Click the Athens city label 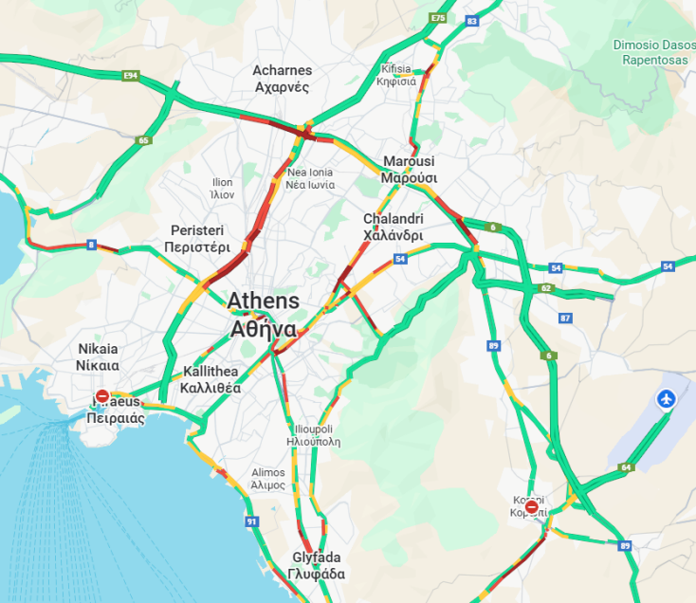pos(263,315)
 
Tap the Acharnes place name pos(282,79)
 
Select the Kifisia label pos(396,75)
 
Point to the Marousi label pos(409,169)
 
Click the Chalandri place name pos(393,227)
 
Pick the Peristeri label pos(196,239)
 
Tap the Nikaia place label pos(99,356)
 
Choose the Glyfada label pos(317,565)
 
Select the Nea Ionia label pos(310,178)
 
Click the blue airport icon pos(667,399)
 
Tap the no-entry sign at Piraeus pos(102,397)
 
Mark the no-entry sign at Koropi pos(532,508)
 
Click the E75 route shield pos(437,18)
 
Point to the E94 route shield pos(130,74)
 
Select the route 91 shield pos(251,521)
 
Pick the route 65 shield pos(143,140)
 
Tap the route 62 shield pos(545,288)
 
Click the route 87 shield pos(566,318)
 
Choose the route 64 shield pos(626,466)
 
